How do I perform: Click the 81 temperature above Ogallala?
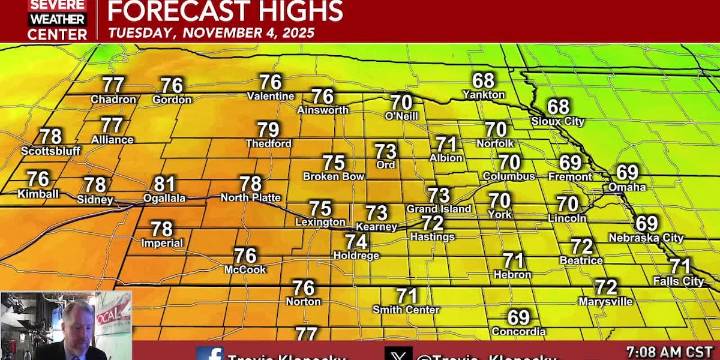click(x=165, y=184)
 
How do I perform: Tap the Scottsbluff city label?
click(x=49, y=151)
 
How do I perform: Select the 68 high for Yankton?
click(x=484, y=81)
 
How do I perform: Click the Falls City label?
click(x=678, y=281)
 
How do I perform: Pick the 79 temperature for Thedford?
click(x=268, y=130)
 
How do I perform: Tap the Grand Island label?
click(x=438, y=209)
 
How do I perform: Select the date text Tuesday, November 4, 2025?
click(x=211, y=32)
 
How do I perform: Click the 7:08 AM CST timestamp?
click(x=666, y=351)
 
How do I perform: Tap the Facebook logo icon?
click(x=210, y=354)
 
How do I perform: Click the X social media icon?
click(x=398, y=354)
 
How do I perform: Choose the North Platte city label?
click(x=250, y=197)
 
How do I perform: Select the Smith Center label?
click(x=406, y=310)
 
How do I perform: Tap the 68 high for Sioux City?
click(x=557, y=107)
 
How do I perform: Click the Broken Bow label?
click(x=333, y=176)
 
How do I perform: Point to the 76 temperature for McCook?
click(x=245, y=256)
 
